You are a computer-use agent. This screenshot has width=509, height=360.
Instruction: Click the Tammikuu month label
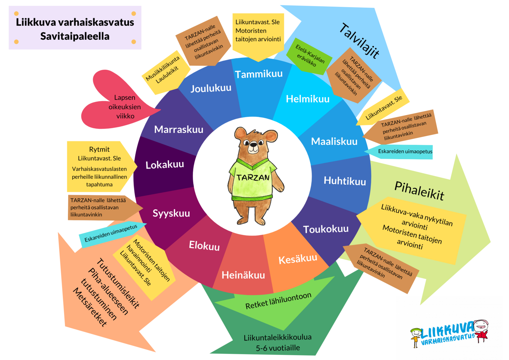[259, 74]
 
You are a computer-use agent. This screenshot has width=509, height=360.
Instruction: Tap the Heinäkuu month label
[243, 275]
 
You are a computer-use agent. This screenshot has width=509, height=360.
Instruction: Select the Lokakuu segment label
[165, 165]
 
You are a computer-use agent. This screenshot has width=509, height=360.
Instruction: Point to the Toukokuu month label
[326, 229]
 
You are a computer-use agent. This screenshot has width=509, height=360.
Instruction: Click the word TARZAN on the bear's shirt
[253, 177]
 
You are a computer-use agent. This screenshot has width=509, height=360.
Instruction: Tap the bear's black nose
[253, 144]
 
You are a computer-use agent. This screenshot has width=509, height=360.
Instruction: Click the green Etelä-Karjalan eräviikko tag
[309, 56]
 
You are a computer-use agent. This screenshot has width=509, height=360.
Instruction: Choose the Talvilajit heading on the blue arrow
[359, 41]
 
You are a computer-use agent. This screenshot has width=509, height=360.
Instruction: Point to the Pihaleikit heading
[419, 191]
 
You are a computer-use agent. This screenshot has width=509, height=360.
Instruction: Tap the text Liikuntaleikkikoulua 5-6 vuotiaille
[278, 342]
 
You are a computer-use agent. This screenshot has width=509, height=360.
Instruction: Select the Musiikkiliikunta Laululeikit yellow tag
[166, 72]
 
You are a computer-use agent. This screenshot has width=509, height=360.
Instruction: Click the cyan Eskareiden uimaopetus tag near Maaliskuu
[399, 152]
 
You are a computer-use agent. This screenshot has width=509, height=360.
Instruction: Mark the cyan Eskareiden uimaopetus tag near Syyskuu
[112, 234]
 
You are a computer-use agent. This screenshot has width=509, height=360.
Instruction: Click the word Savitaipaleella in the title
[75, 36]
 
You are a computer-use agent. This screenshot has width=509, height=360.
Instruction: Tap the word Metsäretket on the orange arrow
[90, 307]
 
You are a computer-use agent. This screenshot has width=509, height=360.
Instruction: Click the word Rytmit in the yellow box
[99, 150]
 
